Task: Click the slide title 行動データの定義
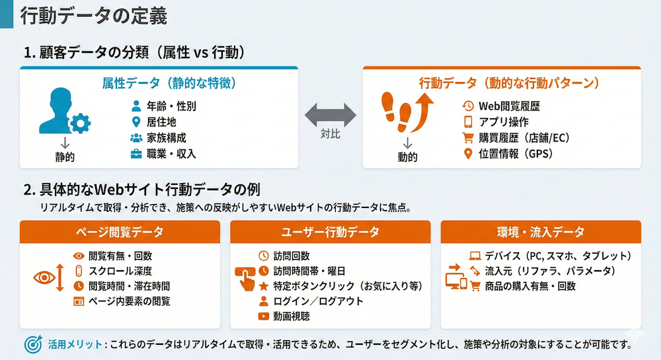tap(93, 16)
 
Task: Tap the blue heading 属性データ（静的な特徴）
tap(169, 84)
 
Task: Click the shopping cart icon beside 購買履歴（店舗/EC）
tap(468, 138)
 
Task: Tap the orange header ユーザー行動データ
tap(330, 232)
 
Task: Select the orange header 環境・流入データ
tap(540, 232)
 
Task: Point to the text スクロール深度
tap(120, 271)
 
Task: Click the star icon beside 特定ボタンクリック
tap(264, 286)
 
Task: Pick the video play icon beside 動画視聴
tap(264, 316)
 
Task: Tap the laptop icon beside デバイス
tap(474, 256)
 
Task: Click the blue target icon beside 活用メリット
tap(32, 344)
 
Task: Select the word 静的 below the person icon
tap(64, 157)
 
